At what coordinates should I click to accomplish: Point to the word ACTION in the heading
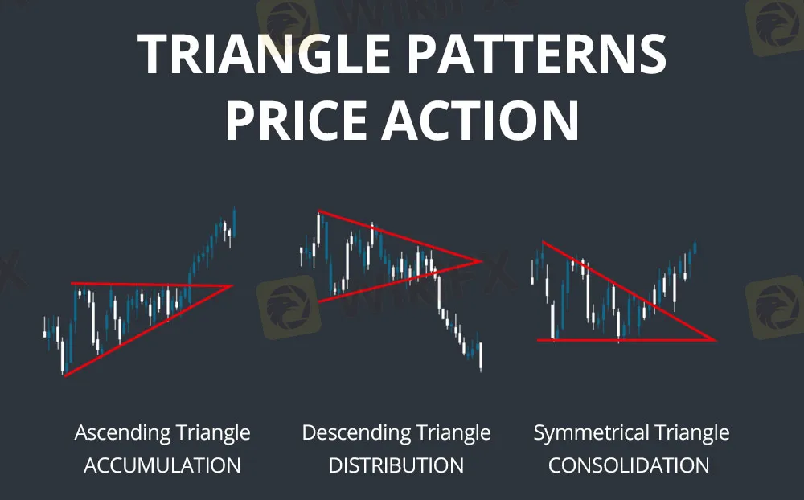click(x=481, y=121)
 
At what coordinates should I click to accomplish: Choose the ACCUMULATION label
click(x=162, y=465)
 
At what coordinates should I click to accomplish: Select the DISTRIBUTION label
click(x=396, y=465)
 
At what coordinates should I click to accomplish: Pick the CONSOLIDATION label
click(x=629, y=465)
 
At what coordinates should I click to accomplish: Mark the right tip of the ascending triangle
click(x=232, y=285)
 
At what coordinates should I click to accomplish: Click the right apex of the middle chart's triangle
click(x=482, y=261)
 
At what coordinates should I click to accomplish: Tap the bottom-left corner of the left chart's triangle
click(x=64, y=375)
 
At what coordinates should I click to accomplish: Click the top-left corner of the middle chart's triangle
click(x=319, y=211)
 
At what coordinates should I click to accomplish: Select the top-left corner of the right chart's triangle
click(x=544, y=242)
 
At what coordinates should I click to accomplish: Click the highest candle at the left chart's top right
click(x=234, y=220)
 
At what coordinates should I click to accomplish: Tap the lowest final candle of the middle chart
click(x=481, y=356)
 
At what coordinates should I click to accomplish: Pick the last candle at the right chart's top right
click(x=695, y=247)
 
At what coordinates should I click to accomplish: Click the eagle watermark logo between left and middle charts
click(x=289, y=306)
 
